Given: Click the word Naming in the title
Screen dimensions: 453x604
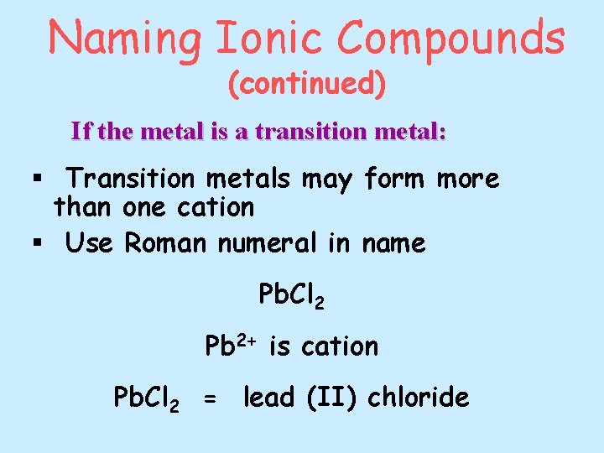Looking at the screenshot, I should [x=124, y=39].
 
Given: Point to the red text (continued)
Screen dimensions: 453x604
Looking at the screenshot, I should [x=307, y=84].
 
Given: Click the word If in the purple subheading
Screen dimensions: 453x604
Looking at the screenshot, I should [x=81, y=132].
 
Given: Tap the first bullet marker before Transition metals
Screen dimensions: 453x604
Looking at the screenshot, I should [x=36, y=179].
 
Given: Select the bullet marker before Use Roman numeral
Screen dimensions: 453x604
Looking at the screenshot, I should [x=36, y=244].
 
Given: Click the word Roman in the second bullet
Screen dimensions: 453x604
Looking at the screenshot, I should [x=166, y=243].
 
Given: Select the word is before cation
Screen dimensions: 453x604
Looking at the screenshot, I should [x=281, y=346].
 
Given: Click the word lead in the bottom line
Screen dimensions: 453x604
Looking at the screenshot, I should [x=268, y=396].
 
